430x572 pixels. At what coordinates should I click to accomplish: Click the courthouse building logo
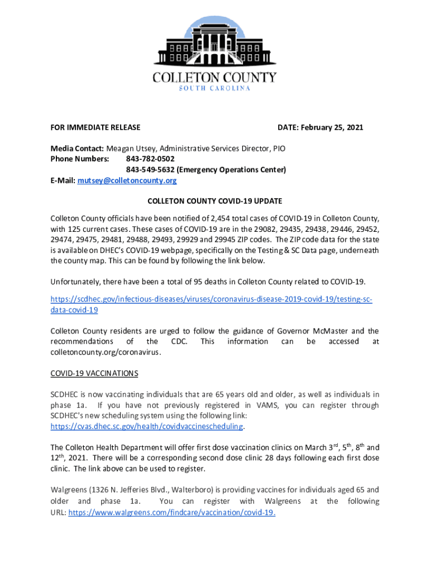(214, 42)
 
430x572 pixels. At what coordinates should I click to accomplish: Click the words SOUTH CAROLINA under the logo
(214, 88)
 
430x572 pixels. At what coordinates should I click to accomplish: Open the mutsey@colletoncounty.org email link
(127, 180)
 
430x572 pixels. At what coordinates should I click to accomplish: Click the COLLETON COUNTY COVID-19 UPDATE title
(214, 201)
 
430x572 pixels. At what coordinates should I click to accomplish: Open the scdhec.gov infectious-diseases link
(211, 299)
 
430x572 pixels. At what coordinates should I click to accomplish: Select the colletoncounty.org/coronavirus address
(98, 352)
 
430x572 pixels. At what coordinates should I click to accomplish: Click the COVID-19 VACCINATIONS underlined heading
(94, 373)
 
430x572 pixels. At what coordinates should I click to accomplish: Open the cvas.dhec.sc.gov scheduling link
(147, 426)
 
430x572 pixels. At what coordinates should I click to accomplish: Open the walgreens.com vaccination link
(171, 512)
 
